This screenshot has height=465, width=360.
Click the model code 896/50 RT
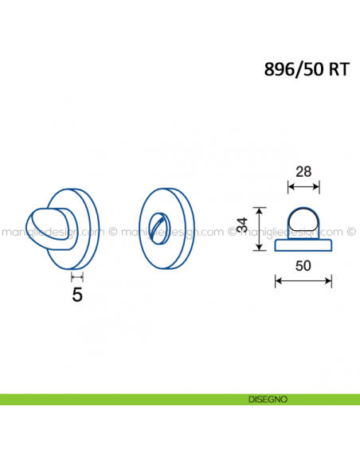tap(307, 70)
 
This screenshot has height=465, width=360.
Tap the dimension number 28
tap(303, 172)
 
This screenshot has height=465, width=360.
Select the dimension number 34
tap(243, 225)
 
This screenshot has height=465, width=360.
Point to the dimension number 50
tap(303, 266)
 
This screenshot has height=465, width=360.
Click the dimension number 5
tap(77, 295)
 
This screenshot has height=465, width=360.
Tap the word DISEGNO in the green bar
tap(268, 400)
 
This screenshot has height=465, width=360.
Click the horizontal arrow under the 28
tap(303, 187)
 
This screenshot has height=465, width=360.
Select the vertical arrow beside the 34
tap(260, 229)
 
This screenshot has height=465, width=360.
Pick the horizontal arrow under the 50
tap(303, 280)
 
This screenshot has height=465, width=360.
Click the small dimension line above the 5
tap(77, 277)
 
